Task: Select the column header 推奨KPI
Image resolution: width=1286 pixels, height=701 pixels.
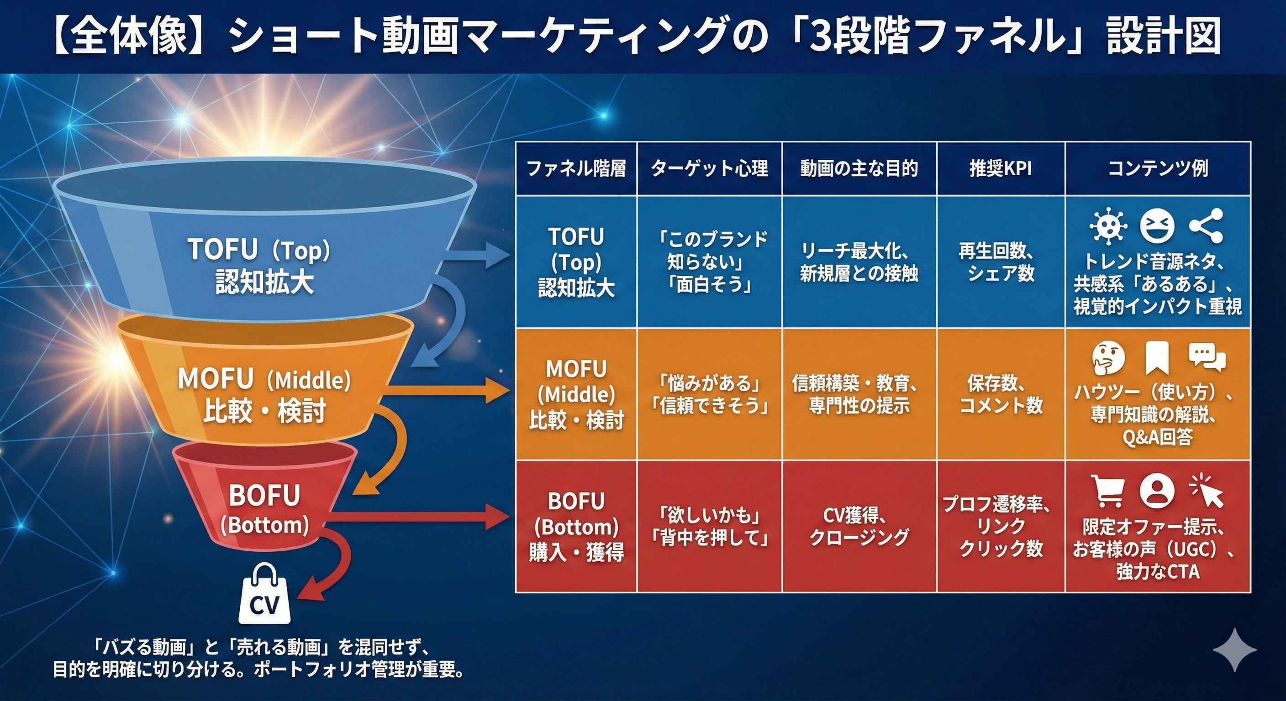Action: (1001, 169)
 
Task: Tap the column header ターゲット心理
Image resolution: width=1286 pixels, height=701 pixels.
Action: (709, 169)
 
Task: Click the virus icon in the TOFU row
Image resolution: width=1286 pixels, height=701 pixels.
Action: (1108, 226)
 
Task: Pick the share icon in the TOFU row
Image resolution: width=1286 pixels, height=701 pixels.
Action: (1206, 225)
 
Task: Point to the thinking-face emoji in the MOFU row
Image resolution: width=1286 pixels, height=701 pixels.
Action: (1108, 358)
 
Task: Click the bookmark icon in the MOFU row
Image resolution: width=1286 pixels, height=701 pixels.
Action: (1157, 358)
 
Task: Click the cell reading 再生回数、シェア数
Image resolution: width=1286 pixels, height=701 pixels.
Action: (1001, 262)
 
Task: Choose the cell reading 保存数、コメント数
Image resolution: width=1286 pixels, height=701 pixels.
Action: (1001, 394)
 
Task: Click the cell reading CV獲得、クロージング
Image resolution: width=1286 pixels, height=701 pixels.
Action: (859, 526)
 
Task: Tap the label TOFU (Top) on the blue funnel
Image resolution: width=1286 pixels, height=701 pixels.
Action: (259, 249)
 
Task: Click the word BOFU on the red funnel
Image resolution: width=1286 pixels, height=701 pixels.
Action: (264, 496)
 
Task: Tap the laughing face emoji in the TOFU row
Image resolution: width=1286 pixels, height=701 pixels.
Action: (1157, 225)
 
